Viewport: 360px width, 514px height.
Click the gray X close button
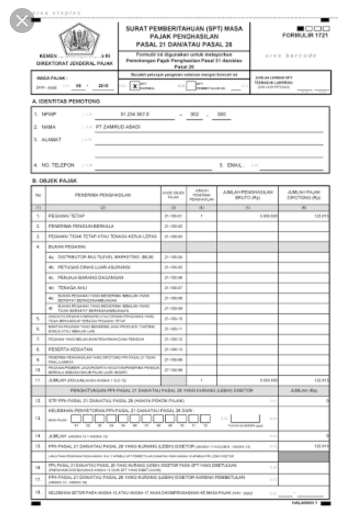pos(22,21)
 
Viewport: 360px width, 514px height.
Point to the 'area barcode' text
pos(291,55)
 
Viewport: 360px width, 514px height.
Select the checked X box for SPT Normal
pos(135,85)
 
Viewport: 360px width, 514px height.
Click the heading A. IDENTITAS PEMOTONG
pos(66,101)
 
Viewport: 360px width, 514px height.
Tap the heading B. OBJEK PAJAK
pos(55,181)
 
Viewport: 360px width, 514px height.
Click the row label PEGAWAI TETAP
pos(67,216)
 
